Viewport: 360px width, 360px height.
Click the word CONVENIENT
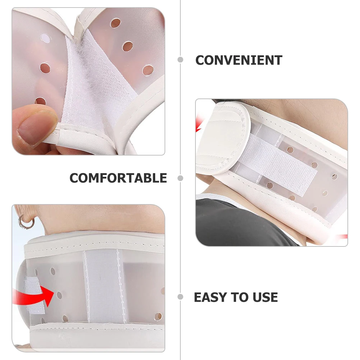tap(239, 60)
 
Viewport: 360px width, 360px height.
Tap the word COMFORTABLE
tap(118, 178)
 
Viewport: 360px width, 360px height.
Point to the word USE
tap(265, 297)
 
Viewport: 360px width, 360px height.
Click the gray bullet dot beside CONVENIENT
tap(180, 60)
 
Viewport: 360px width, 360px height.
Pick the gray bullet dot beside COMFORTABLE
tap(180, 178)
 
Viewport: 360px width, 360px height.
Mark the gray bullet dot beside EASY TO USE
tap(180, 297)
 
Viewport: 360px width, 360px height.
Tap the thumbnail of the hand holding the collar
tap(88, 81)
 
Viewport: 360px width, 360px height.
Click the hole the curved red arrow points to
tap(59, 295)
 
